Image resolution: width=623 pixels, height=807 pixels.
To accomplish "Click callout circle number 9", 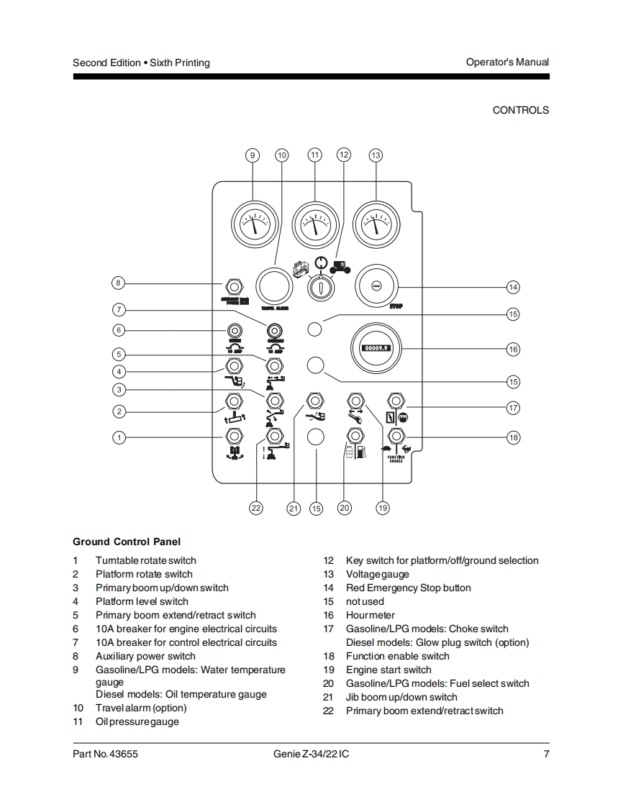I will tap(252, 155).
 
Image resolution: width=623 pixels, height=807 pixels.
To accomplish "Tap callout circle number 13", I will tap(376, 155).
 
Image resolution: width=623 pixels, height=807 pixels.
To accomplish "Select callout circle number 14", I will tap(513, 287).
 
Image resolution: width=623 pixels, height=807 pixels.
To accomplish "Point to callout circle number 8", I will tap(119, 282).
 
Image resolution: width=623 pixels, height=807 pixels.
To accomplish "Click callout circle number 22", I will tap(256, 508).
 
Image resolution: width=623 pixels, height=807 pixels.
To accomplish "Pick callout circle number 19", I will tap(383, 508).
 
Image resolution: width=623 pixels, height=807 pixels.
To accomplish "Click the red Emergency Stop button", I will tap(376, 286).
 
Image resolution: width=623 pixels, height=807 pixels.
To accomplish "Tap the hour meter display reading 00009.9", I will tap(376, 349).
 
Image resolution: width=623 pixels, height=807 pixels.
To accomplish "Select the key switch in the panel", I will tap(317, 288).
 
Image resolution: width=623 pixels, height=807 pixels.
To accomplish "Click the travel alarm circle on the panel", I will tap(275, 286).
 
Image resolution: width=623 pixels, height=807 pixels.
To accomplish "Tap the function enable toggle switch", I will tap(396, 436).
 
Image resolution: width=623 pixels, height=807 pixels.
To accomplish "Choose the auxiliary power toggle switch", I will tap(234, 285).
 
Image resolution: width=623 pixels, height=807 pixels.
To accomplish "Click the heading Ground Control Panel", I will tap(127, 542).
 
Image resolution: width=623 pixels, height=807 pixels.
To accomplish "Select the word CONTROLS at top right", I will tap(520, 110).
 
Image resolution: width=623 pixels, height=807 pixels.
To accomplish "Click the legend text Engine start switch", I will tap(388, 670).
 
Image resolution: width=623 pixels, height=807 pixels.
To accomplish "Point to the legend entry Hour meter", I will tap(370, 615).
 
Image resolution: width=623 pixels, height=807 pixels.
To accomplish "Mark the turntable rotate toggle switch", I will tap(234, 436).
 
